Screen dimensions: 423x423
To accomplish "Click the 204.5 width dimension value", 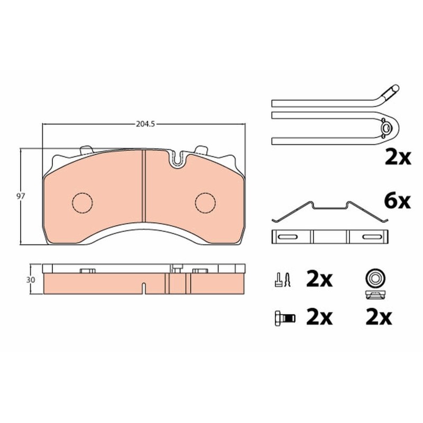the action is [x=145, y=124].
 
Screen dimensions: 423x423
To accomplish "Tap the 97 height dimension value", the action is [x=21, y=196].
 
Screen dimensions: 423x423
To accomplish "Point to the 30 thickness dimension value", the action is [x=31, y=280].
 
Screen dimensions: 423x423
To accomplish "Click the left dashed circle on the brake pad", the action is [x=82, y=203].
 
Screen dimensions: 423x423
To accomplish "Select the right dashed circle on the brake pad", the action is [x=206, y=203].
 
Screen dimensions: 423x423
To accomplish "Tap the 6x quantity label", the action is [x=398, y=201].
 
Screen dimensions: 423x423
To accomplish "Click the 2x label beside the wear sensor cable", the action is [x=398, y=158].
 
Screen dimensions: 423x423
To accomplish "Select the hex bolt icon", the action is [x=285, y=318].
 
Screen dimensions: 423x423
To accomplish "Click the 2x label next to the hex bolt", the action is [x=319, y=318].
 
